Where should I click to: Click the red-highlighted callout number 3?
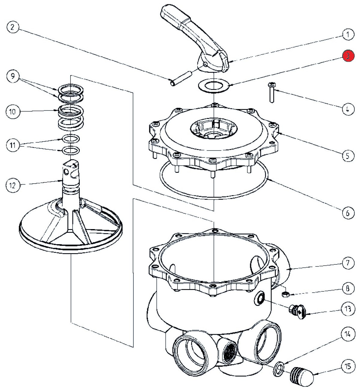pos(348,56)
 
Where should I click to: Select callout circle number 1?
pos(348,35)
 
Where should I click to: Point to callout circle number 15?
pos(348,366)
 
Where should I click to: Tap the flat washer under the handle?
pos(213,85)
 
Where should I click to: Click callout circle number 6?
pos(348,213)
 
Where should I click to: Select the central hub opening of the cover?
pos(213,129)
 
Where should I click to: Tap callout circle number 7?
pos(348,263)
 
